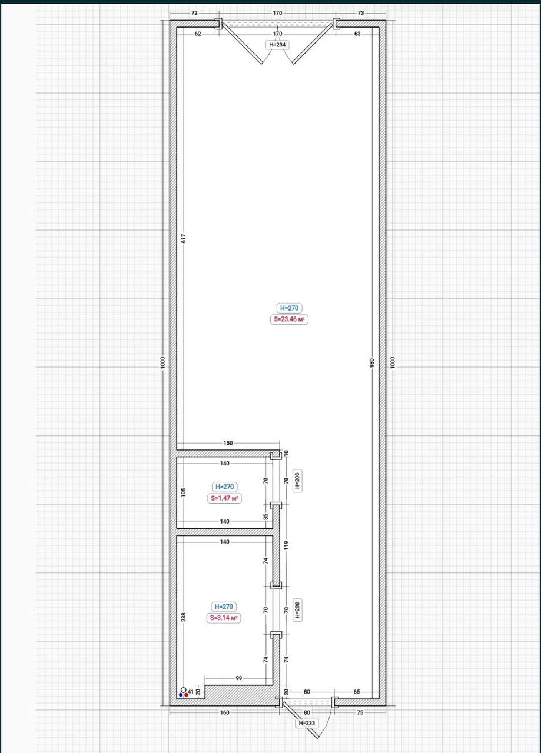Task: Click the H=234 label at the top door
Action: [x=277, y=45]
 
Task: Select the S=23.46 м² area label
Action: [x=289, y=319]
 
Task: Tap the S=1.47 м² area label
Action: [x=224, y=498]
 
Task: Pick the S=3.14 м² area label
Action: [x=224, y=618]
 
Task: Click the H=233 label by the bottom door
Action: [x=307, y=723]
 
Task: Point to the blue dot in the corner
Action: [x=181, y=695]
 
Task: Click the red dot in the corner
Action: [x=186, y=695]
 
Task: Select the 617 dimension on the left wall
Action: [x=183, y=238]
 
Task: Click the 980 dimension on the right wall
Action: [x=372, y=363]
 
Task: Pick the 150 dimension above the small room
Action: [x=228, y=443]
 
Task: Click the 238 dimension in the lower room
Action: [x=183, y=617]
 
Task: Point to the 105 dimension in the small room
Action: [x=183, y=492]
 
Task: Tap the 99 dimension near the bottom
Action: [x=239, y=678]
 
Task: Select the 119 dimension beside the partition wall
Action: [x=286, y=545]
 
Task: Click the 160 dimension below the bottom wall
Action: [x=224, y=712]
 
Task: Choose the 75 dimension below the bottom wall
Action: [x=360, y=712]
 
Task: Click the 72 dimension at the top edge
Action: [x=194, y=13]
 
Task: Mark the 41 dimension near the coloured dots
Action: [x=191, y=692]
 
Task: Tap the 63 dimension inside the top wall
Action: [x=357, y=34]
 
